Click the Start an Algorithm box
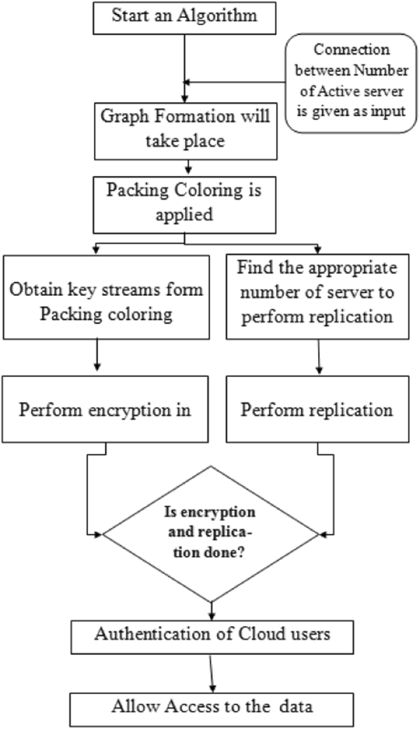[x=184, y=18]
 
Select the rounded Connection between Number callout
[x=351, y=83]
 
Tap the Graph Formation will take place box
[x=185, y=131]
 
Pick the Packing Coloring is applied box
[x=184, y=204]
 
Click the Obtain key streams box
[x=106, y=297]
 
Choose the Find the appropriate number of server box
[x=317, y=297]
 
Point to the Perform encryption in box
[x=105, y=409]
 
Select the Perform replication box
[x=317, y=409]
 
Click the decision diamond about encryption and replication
[x=211, y=534]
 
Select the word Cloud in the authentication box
[x=260, y=634]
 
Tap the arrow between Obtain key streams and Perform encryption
[x=97, y=355]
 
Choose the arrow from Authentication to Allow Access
[x=212, y=673]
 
